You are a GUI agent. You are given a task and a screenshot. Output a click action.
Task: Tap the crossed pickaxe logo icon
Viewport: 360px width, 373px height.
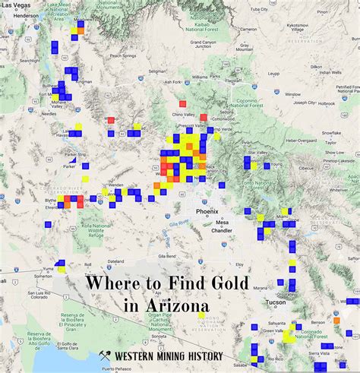pyautogui.click(x=106, y=356)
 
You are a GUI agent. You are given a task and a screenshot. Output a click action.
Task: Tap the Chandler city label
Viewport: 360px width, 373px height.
pyautogui.click(x=222, y=230)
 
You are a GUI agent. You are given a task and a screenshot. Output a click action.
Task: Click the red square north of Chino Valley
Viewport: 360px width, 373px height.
pyautogui.click(x=182, y=103)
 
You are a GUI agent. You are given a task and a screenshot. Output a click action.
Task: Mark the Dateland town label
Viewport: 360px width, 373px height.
pyautogui.click(x=115, y=261)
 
